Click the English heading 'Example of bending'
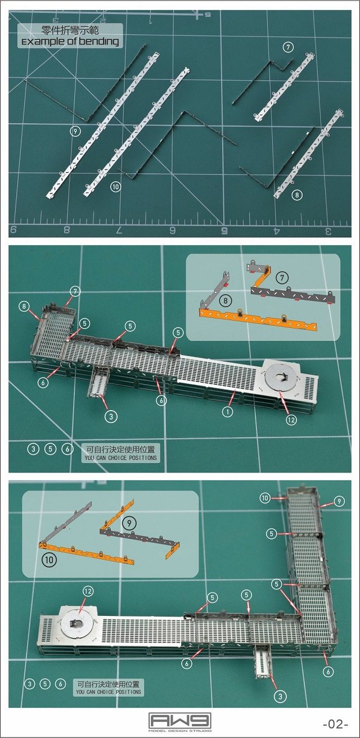tap(70, 42)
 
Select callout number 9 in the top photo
tap(75, 131)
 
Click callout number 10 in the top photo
tap(115, 187)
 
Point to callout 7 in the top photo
tap(288, 47)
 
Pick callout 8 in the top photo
tap(297, 195)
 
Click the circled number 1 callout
tap(227, 412)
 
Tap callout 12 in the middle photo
tap(291, 420)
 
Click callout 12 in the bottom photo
tap(88, 591)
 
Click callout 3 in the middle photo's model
tap(111, 416)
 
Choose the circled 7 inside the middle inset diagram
tap(283, 277)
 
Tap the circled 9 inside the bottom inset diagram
tap(129, 521)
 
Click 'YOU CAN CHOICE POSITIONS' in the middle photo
tap(120, 458)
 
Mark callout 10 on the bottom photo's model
tap(265, 498)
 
